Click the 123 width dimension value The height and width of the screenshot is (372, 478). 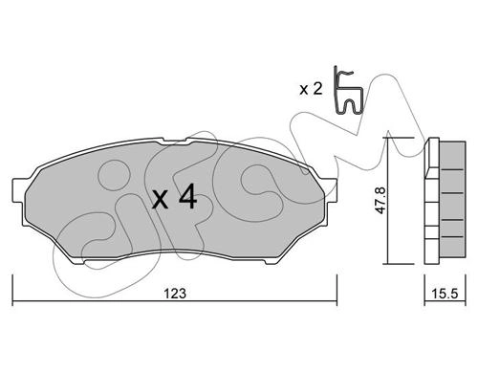(x=175, y=294)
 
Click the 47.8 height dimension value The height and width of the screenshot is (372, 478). (x=380, y=201)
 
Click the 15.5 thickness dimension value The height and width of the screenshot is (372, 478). (x=445, y=294)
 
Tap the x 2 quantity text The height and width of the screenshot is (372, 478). (x=311, y=89)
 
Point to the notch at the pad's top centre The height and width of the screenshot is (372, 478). (x=175, y=141)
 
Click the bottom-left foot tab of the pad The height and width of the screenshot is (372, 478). (x=79, y=261)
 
